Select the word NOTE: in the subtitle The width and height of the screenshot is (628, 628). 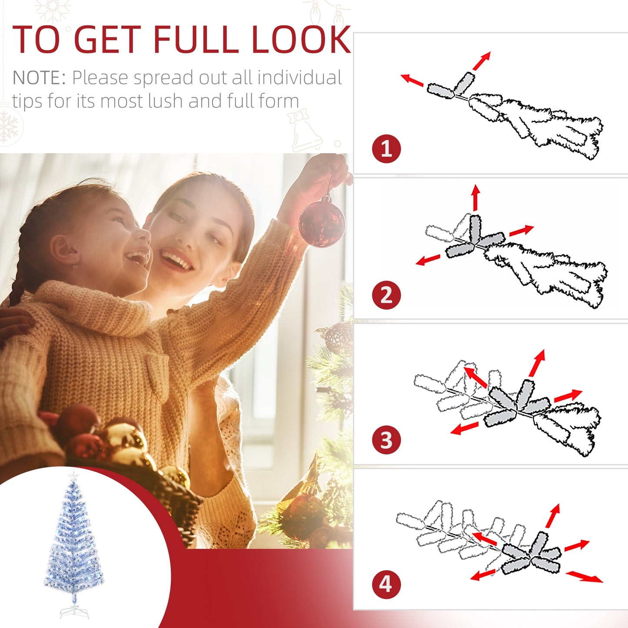[39, 78]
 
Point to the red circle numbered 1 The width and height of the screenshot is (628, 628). [386, 149]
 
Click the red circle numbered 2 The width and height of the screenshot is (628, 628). [386, 296]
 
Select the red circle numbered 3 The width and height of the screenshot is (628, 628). [386, 440]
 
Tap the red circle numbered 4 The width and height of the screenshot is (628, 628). [386, 585]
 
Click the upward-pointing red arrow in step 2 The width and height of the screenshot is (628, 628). [476, 197]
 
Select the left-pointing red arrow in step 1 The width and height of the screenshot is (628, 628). [412, 80]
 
